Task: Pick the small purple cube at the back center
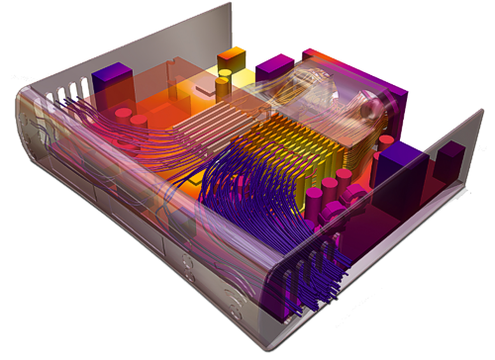[270, 68]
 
